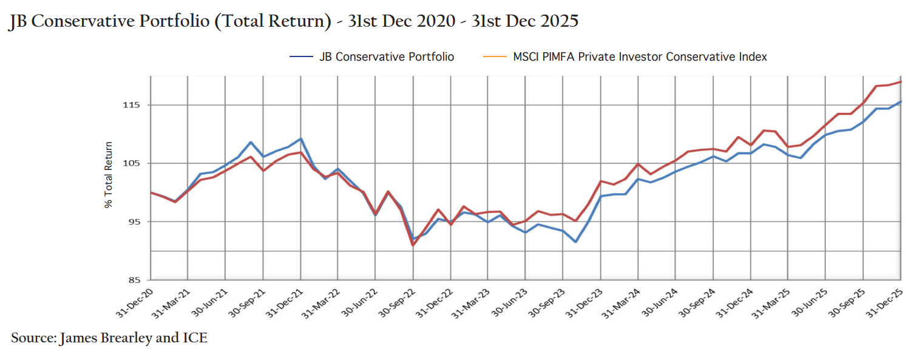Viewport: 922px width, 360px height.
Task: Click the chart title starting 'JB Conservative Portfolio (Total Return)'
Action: click(294, 21)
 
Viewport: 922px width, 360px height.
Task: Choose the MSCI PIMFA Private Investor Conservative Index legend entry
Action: click(625, 57)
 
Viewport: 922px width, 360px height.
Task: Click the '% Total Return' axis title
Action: click(109, 175)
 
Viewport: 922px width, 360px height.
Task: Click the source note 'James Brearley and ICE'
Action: click(109, 338)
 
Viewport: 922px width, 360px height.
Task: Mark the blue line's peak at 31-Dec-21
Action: click(301, 139)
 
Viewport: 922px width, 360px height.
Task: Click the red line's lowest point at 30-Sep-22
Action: click(413, 245)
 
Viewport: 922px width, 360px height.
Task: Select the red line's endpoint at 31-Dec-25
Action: click(901, 81)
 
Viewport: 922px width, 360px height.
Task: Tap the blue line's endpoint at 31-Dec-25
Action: click(901, 101)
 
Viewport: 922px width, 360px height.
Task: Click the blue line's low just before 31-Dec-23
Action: click(575, 242)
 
